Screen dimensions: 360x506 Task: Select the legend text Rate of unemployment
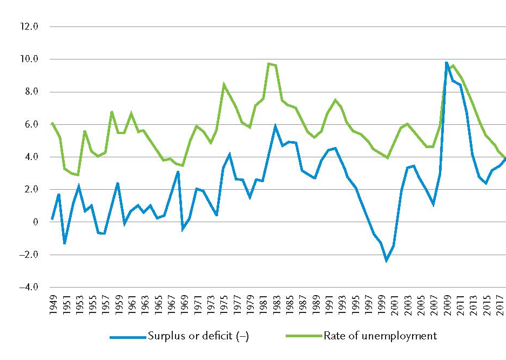click(380, 336)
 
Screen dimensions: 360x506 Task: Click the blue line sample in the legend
click(127, 337)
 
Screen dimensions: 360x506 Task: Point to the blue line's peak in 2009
click(446, 62)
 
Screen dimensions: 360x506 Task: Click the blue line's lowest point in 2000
click(387, 261)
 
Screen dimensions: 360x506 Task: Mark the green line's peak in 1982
click(269, 64)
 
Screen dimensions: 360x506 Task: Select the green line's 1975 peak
click(224, 84)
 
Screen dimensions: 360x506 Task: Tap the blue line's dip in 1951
click(65, 243)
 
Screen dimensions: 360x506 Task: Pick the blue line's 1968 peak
click(177, 172)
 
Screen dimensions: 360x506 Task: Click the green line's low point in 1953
click(78, 175)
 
